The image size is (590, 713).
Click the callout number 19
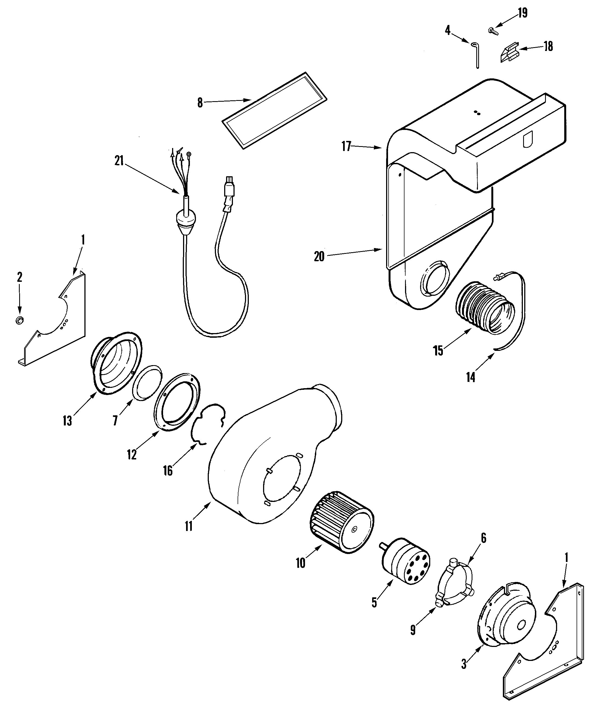[x=522, y=13]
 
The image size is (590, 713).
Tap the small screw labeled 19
[x=492, y=31]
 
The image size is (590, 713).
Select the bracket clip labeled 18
[x=509, y=53]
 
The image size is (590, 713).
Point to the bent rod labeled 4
[x=476, y=54]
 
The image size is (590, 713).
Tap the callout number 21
[x=119, y=161]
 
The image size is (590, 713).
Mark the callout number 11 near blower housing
[x=189, y=527]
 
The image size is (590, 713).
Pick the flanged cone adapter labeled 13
[x=115, y=363]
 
